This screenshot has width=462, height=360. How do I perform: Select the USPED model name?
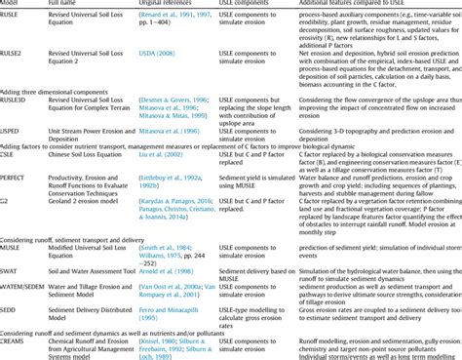12,129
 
